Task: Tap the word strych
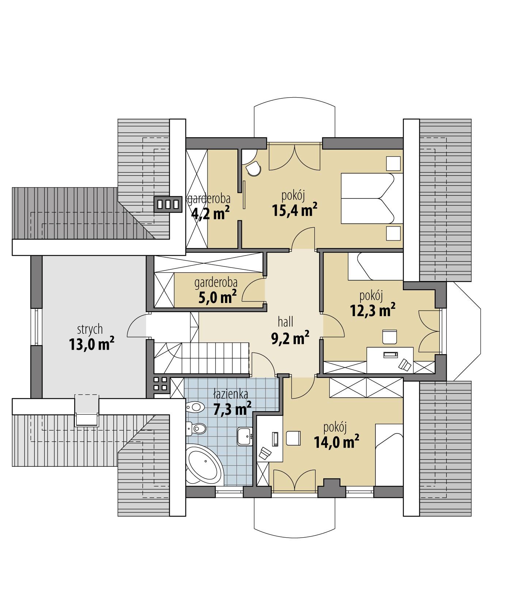click(90, 329)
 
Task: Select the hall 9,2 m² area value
click(290, 338)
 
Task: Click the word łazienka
click(231, 394)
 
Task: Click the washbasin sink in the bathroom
click(245, 436)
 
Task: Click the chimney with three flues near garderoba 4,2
click(168, 204)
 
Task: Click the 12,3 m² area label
click(373, 310)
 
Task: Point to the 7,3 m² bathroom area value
click(232, 409)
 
